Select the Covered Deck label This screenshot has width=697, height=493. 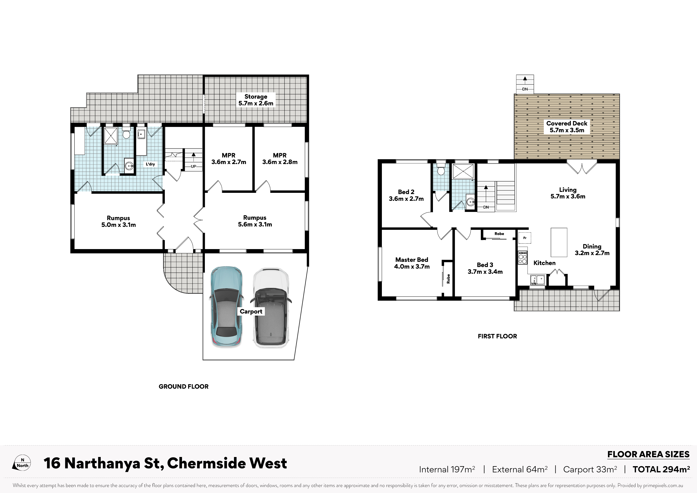567,127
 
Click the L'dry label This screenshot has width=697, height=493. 150,164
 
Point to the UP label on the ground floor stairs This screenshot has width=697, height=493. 193,166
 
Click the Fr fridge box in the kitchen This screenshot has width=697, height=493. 525,238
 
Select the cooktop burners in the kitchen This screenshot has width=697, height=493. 522,257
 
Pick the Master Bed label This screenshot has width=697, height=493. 412,263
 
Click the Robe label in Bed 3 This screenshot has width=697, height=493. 499,234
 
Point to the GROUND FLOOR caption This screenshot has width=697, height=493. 183,386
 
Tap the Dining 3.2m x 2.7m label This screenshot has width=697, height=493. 592,250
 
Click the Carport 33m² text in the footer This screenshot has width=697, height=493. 590,469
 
